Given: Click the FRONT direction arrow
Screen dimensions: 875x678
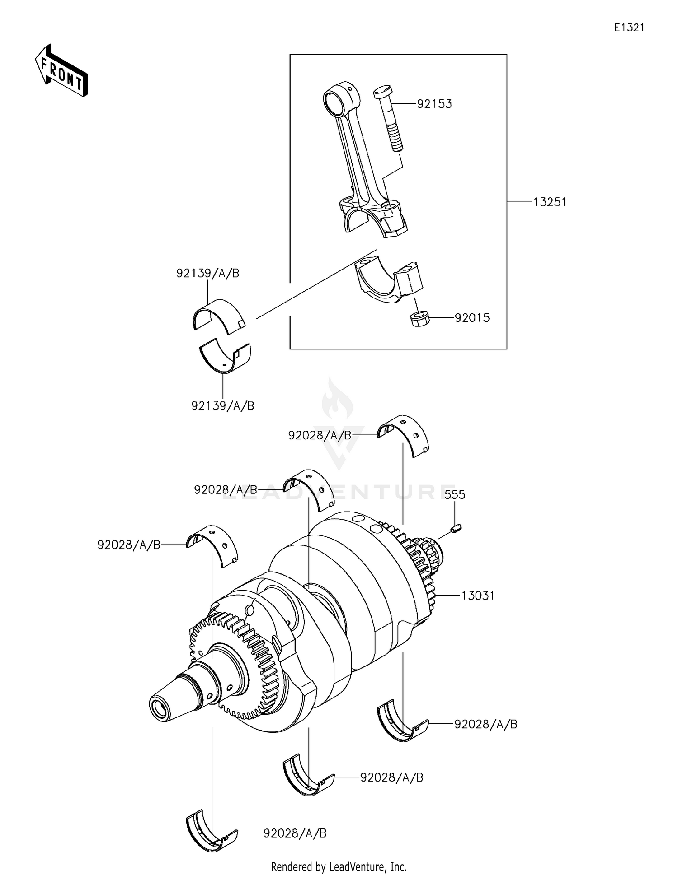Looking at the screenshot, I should coord(61,71).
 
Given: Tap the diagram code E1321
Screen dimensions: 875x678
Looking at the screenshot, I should coord(629,28).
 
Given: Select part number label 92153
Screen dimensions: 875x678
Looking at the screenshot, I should coord(434,104).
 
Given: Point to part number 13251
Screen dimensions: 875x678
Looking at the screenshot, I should coord(549,202).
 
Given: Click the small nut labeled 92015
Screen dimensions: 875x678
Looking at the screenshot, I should coord(419,319).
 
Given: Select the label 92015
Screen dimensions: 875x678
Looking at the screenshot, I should coord(472,318).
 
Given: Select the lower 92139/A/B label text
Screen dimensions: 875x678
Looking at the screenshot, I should coord(222,406).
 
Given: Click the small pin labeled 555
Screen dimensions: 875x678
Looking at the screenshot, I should coord(456,528).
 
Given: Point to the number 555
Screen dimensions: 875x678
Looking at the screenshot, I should coord(454,495).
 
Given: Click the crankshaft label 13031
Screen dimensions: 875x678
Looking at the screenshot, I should coord(478,596).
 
